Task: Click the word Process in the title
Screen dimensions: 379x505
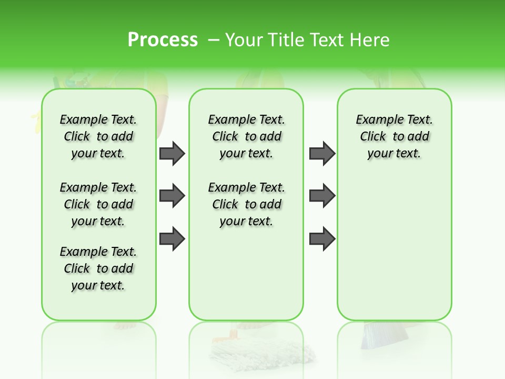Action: [163, 40]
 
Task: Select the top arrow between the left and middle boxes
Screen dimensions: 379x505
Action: [172, 153]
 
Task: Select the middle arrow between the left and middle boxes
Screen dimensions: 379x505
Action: [172, 196]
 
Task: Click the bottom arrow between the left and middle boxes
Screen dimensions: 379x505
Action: [172, 238]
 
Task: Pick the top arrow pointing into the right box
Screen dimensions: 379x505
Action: [322, 153]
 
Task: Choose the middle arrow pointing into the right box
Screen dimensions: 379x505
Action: [322, 196]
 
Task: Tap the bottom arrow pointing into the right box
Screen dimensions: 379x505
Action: [322, 238]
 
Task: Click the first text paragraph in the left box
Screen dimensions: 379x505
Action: [98, 136]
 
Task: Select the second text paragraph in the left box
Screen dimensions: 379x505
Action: [98, 204]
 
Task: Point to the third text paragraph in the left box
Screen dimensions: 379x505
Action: [98, 268]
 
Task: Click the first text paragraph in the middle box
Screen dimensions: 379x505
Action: [246, 136]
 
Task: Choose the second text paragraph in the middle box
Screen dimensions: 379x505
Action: [246, 204]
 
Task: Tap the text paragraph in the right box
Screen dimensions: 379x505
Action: [394, 136]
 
